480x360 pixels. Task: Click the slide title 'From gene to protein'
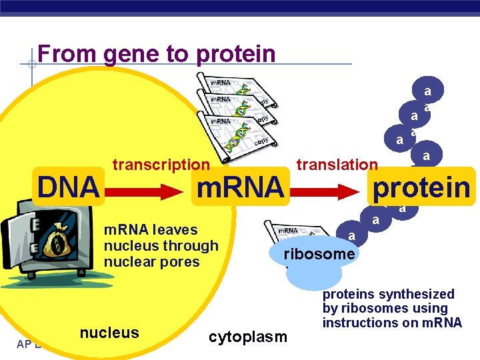coord(157,53)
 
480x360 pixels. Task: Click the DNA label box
coord(69,187)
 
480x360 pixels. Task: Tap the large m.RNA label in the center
coord(239,187)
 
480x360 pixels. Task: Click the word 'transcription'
coord(161,165)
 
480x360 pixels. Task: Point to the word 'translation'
coord(337,165)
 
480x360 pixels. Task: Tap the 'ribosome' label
coord(319,254)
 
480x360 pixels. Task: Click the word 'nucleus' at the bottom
coord(109,333)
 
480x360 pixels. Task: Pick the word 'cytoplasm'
coord(248,337)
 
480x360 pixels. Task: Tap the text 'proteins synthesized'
coord(389,294)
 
